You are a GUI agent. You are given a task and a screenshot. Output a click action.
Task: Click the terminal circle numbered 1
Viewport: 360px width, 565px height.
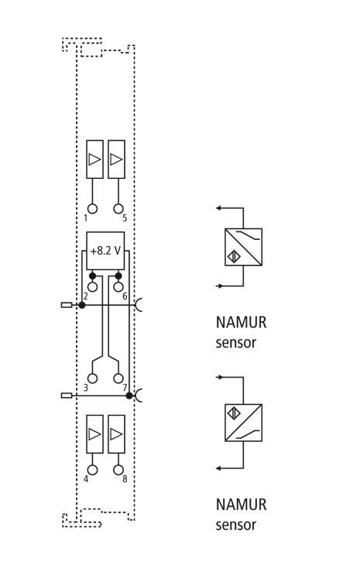click(x=93, y=209)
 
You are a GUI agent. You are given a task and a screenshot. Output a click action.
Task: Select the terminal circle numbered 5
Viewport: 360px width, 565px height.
click(x=118, y=209)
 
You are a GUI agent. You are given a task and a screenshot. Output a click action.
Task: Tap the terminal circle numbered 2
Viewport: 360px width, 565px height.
click(x=93, y=287)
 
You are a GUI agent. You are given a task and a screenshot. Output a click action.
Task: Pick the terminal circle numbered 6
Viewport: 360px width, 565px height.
click(x=118, y=287)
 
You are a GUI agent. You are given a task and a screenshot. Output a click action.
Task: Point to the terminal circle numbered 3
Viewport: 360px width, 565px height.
click(x=93, y=378)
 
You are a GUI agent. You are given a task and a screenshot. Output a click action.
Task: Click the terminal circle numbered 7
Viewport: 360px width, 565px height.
click(x=118, y=378)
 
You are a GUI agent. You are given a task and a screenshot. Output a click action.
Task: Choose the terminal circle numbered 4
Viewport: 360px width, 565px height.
click(x=93, y=470)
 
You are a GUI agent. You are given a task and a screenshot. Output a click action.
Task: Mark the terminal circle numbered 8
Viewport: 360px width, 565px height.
click(x=118, y=470)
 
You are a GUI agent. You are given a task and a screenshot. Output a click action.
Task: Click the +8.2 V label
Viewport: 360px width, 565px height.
click(x=105, y=251)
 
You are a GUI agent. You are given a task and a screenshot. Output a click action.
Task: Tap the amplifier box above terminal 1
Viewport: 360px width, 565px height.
click(x=94, y=159)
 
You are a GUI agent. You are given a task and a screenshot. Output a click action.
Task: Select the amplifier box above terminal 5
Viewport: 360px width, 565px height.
click(x=116, y=159)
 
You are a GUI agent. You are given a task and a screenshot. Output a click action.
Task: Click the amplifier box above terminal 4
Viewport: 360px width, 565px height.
click(x=94, y=434)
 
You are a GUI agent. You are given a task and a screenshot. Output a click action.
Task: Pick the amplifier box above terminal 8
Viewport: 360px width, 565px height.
click(x=116, y=434)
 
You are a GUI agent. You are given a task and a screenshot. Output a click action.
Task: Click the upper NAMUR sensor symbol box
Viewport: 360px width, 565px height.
click(x=244, y=247)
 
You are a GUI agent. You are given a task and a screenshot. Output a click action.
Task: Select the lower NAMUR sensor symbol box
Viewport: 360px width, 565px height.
click(x=244, y=423)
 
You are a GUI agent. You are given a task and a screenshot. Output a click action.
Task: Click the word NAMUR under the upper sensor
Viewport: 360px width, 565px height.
click(x=241, y=323)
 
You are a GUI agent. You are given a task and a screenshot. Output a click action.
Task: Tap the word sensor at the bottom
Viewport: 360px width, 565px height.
click(x=236, y=526)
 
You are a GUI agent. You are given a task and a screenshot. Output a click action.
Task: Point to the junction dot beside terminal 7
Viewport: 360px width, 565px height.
click(x=129, y=395)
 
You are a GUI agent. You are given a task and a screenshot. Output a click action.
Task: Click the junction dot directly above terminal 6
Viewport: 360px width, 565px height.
click(x=118, y=276)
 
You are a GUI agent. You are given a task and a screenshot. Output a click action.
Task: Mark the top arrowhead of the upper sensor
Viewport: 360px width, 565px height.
click(x=218, y=208)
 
